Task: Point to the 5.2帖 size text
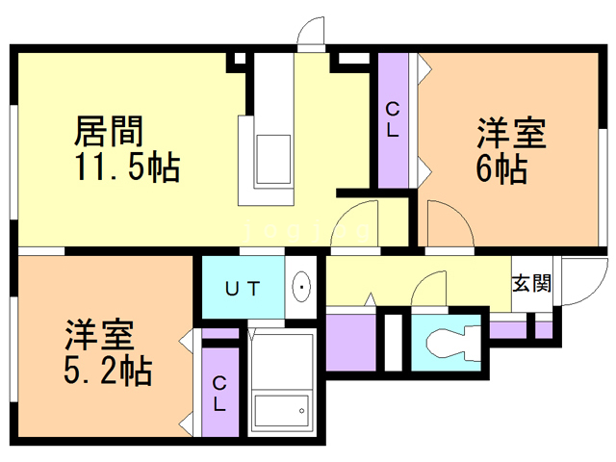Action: click(x=107, y=368)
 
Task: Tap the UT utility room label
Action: click(x=241, y=287)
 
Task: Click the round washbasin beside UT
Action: click(x=301, y=287)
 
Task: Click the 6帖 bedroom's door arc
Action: click(x=449, y=227)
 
